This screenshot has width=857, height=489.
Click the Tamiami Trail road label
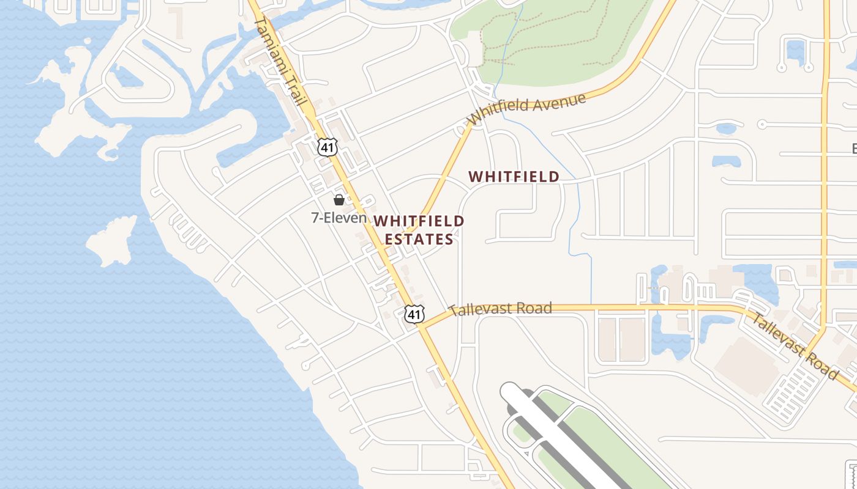point(279,61)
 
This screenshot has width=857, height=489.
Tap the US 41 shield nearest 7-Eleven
point(326,146)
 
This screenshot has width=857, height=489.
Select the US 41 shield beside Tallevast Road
point(414,314)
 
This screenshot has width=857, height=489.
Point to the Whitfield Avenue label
point(527,108)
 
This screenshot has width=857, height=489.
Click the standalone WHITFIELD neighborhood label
point(514,177)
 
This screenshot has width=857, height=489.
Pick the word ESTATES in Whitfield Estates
point(419,239)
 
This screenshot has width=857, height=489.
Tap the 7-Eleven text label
point(339,218)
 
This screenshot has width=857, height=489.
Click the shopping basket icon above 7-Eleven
point(339,199)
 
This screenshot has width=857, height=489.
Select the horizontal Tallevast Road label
point(500,309)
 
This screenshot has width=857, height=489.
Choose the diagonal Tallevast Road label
point(793,346)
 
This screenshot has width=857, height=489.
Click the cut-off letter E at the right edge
point(854,149)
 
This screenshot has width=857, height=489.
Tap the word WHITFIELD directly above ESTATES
point(419,221)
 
